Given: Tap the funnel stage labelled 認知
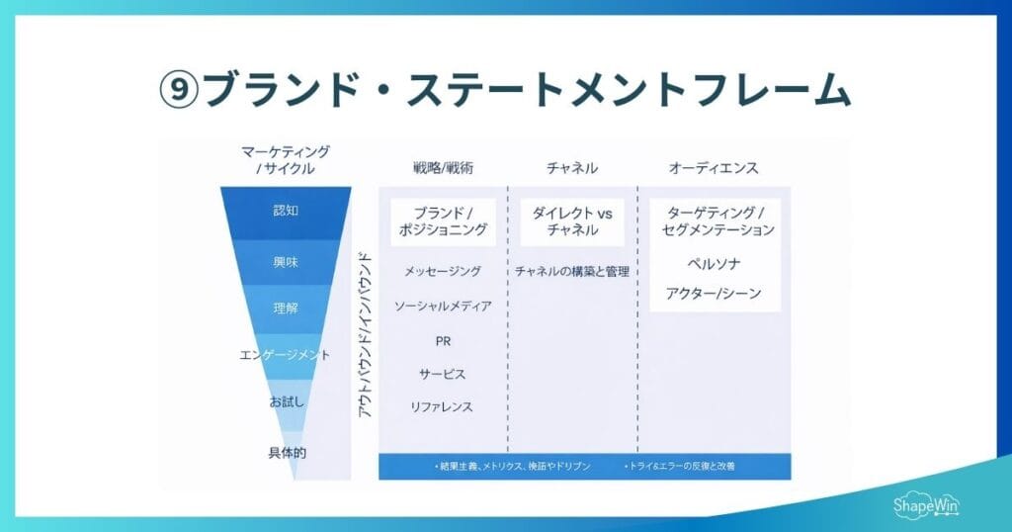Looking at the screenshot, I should (x=286, y=211).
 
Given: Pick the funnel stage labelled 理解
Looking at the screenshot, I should (x=286, y=308).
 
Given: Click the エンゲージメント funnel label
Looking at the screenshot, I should (x=286, y=354).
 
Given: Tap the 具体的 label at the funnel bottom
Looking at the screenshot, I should (x=286, y=452).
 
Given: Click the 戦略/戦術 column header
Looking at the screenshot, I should (x=442, y=168).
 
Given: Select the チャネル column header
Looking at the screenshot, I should (x=572, y=168).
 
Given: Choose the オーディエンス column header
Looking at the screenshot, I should (x=714, y=168).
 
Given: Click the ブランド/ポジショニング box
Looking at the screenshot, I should (x=443, y=221).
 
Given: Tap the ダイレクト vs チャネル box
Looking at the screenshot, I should (x=571, y=221).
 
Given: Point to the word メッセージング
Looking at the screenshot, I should (x=443, y=271).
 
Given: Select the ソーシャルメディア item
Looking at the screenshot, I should (x=443, y=306).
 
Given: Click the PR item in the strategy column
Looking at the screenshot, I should (x=443, y=340).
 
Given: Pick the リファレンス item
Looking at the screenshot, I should (x=443, y=406).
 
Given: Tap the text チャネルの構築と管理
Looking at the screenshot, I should (x=571, y=271).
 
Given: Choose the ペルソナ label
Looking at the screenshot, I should (x=714, y=264).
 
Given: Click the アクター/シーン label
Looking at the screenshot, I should (x=714, y=294).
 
